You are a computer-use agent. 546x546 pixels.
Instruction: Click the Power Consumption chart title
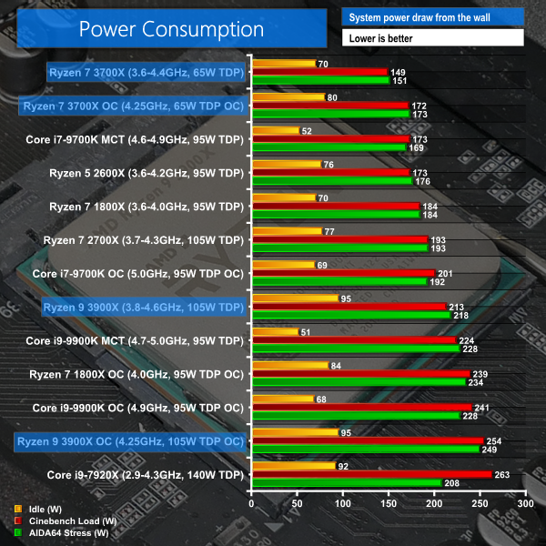[171, 29]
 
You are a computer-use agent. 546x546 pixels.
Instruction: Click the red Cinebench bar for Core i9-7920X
[371, 474]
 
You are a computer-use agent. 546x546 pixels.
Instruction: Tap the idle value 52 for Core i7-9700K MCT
[308, 131]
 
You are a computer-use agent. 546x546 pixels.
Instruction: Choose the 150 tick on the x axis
[388, 502]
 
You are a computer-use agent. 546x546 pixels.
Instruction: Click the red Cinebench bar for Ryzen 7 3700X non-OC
[319, 72]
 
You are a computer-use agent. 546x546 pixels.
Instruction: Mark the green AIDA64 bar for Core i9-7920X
[346, 482]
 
